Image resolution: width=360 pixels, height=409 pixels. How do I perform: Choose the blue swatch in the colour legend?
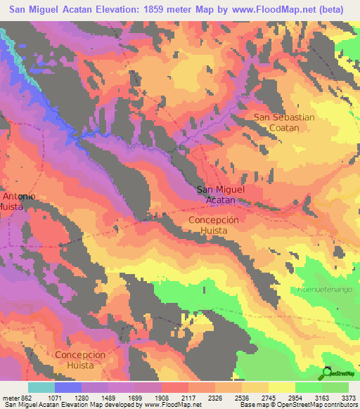tap(68, 387)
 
